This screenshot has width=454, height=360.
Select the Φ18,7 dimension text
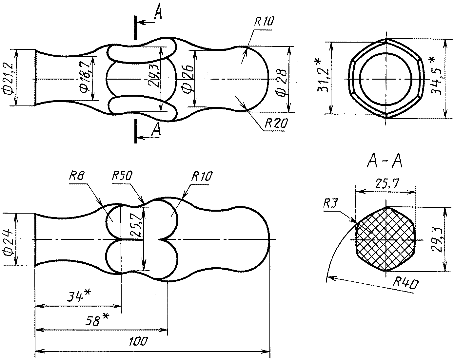tap(86, 79)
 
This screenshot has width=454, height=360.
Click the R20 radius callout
tap(276, 124)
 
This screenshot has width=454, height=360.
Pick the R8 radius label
tap(77, 176)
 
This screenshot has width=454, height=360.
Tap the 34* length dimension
tap(78, 296)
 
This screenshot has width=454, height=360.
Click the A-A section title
tap(385, 161)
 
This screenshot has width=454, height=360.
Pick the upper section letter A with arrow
tap(157, 15)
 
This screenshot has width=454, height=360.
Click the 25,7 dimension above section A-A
tap(386, 185)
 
